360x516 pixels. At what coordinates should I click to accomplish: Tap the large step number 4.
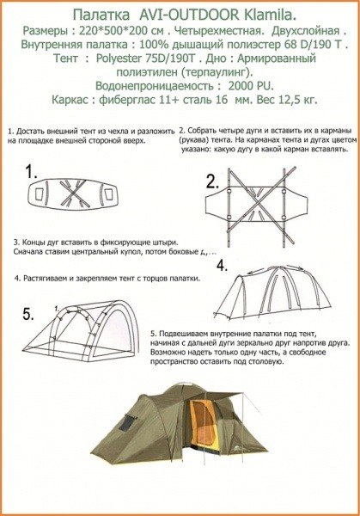coord(222,266)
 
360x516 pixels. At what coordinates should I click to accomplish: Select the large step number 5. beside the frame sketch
coord(28,311)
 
